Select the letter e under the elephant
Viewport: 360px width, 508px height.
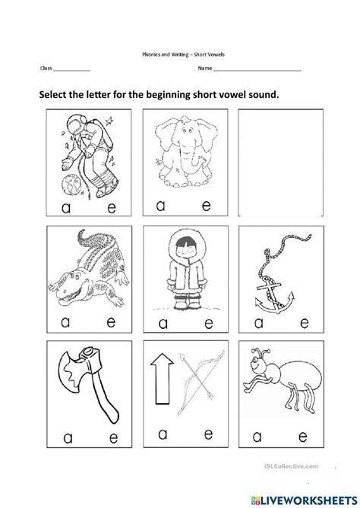tap(188, 205)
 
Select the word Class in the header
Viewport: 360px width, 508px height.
tap(46, 69)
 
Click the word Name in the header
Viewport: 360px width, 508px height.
tap(204, 69)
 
